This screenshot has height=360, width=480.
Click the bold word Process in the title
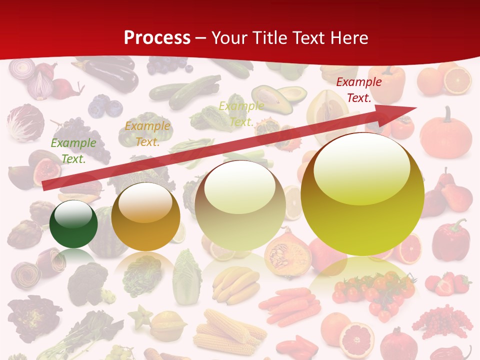pos(157,37)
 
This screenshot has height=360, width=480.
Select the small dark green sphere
pos(73,224)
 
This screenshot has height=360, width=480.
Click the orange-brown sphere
pos(145,216)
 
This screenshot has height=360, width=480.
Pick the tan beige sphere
pos(240,205)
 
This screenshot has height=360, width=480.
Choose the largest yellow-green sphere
pos(362,194)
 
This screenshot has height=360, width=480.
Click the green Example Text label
pos(73,151)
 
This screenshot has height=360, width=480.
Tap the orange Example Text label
pos(147,134)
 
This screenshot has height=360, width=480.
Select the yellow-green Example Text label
pos(241,114)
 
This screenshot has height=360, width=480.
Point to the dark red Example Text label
pos(359,90)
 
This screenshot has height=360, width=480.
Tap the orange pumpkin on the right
pos(445,132)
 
